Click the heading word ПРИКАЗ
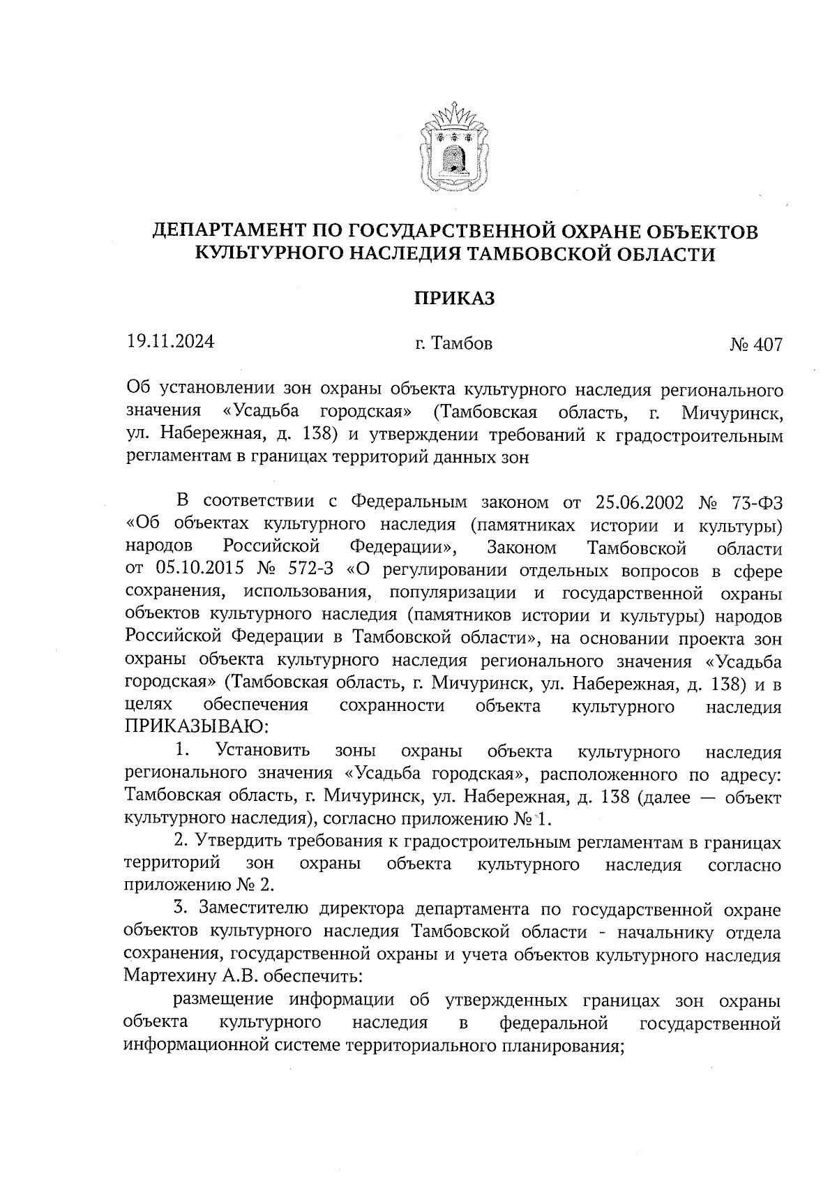(455, 299)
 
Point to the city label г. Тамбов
(453, 343)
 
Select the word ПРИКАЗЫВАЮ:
(196, 728)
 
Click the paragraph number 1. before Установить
(183, 751)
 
